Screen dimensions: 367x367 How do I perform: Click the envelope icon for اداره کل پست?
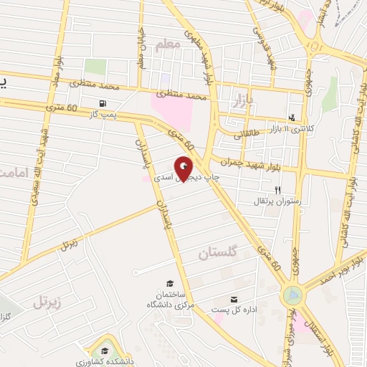(x=234, y=299)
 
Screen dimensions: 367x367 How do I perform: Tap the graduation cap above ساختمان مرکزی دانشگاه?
(x=170, y=284)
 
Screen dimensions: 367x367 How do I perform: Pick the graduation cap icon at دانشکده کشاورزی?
(x=105, y=351)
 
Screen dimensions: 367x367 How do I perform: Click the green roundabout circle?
(x=292, y=294)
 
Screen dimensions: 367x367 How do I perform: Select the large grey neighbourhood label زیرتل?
(x=48, y=301)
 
